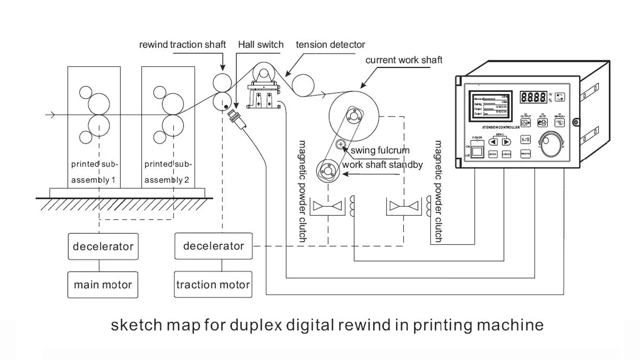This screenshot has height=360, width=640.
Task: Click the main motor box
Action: [102, 285]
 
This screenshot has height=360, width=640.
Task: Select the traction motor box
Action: [213, 285]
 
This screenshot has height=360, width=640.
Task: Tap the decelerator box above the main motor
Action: [103, 246]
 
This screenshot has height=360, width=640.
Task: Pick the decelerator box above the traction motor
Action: [213, 246]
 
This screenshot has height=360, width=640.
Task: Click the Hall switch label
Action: [261, 44]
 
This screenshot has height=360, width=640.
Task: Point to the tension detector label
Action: [330, 44]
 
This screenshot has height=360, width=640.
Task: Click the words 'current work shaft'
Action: [404, 60]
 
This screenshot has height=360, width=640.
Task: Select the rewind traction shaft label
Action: [182, 44]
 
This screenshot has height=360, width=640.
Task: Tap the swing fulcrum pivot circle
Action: [340, 144]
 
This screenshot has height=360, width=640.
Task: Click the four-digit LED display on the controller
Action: [533, 97]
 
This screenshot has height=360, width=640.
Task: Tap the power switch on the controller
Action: [477, 151]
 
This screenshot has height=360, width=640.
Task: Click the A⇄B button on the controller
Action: [525, 139]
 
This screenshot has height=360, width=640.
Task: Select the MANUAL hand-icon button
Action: [559, 123]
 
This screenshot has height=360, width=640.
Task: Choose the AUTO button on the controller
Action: [542, 123]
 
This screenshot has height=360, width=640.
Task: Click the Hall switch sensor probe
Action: [238, 120]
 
